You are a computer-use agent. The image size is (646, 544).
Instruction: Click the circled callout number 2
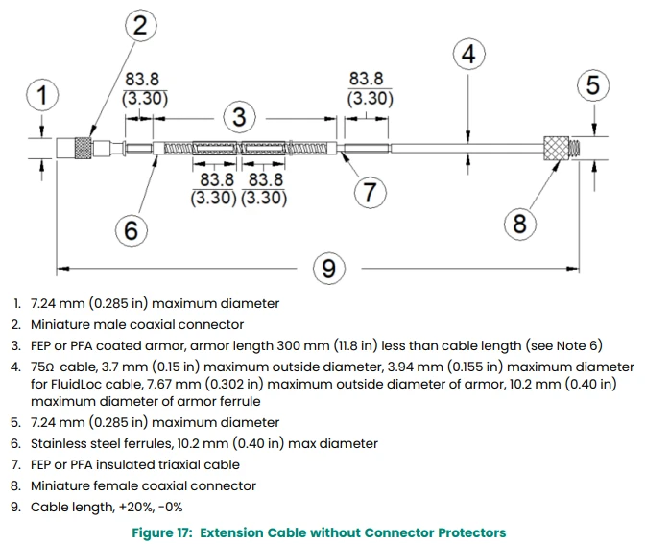click(x=140, y=26)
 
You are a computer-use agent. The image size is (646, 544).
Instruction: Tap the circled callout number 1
click(x=42, y=95)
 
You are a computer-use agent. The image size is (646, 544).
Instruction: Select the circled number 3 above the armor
click(x=240, y=117)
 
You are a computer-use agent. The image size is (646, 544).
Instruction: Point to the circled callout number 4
click(x=468, y=55)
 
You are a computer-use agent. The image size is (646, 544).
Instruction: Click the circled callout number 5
click(x=593, y=85)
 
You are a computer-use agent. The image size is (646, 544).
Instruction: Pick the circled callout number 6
click(x=131, y=230)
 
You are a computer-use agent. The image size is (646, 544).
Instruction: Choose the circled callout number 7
click(x=370, y=192)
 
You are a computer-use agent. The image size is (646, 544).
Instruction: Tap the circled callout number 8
click(x=520, y=224)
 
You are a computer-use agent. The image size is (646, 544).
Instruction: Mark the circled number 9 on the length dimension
click(x=329, y=269)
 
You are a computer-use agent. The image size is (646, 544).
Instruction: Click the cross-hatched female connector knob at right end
click(x=556, y=148)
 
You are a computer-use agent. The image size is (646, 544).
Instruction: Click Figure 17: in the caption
click(x=162, y=532)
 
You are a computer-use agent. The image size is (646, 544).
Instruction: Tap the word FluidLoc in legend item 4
click(x=75, y=384)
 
